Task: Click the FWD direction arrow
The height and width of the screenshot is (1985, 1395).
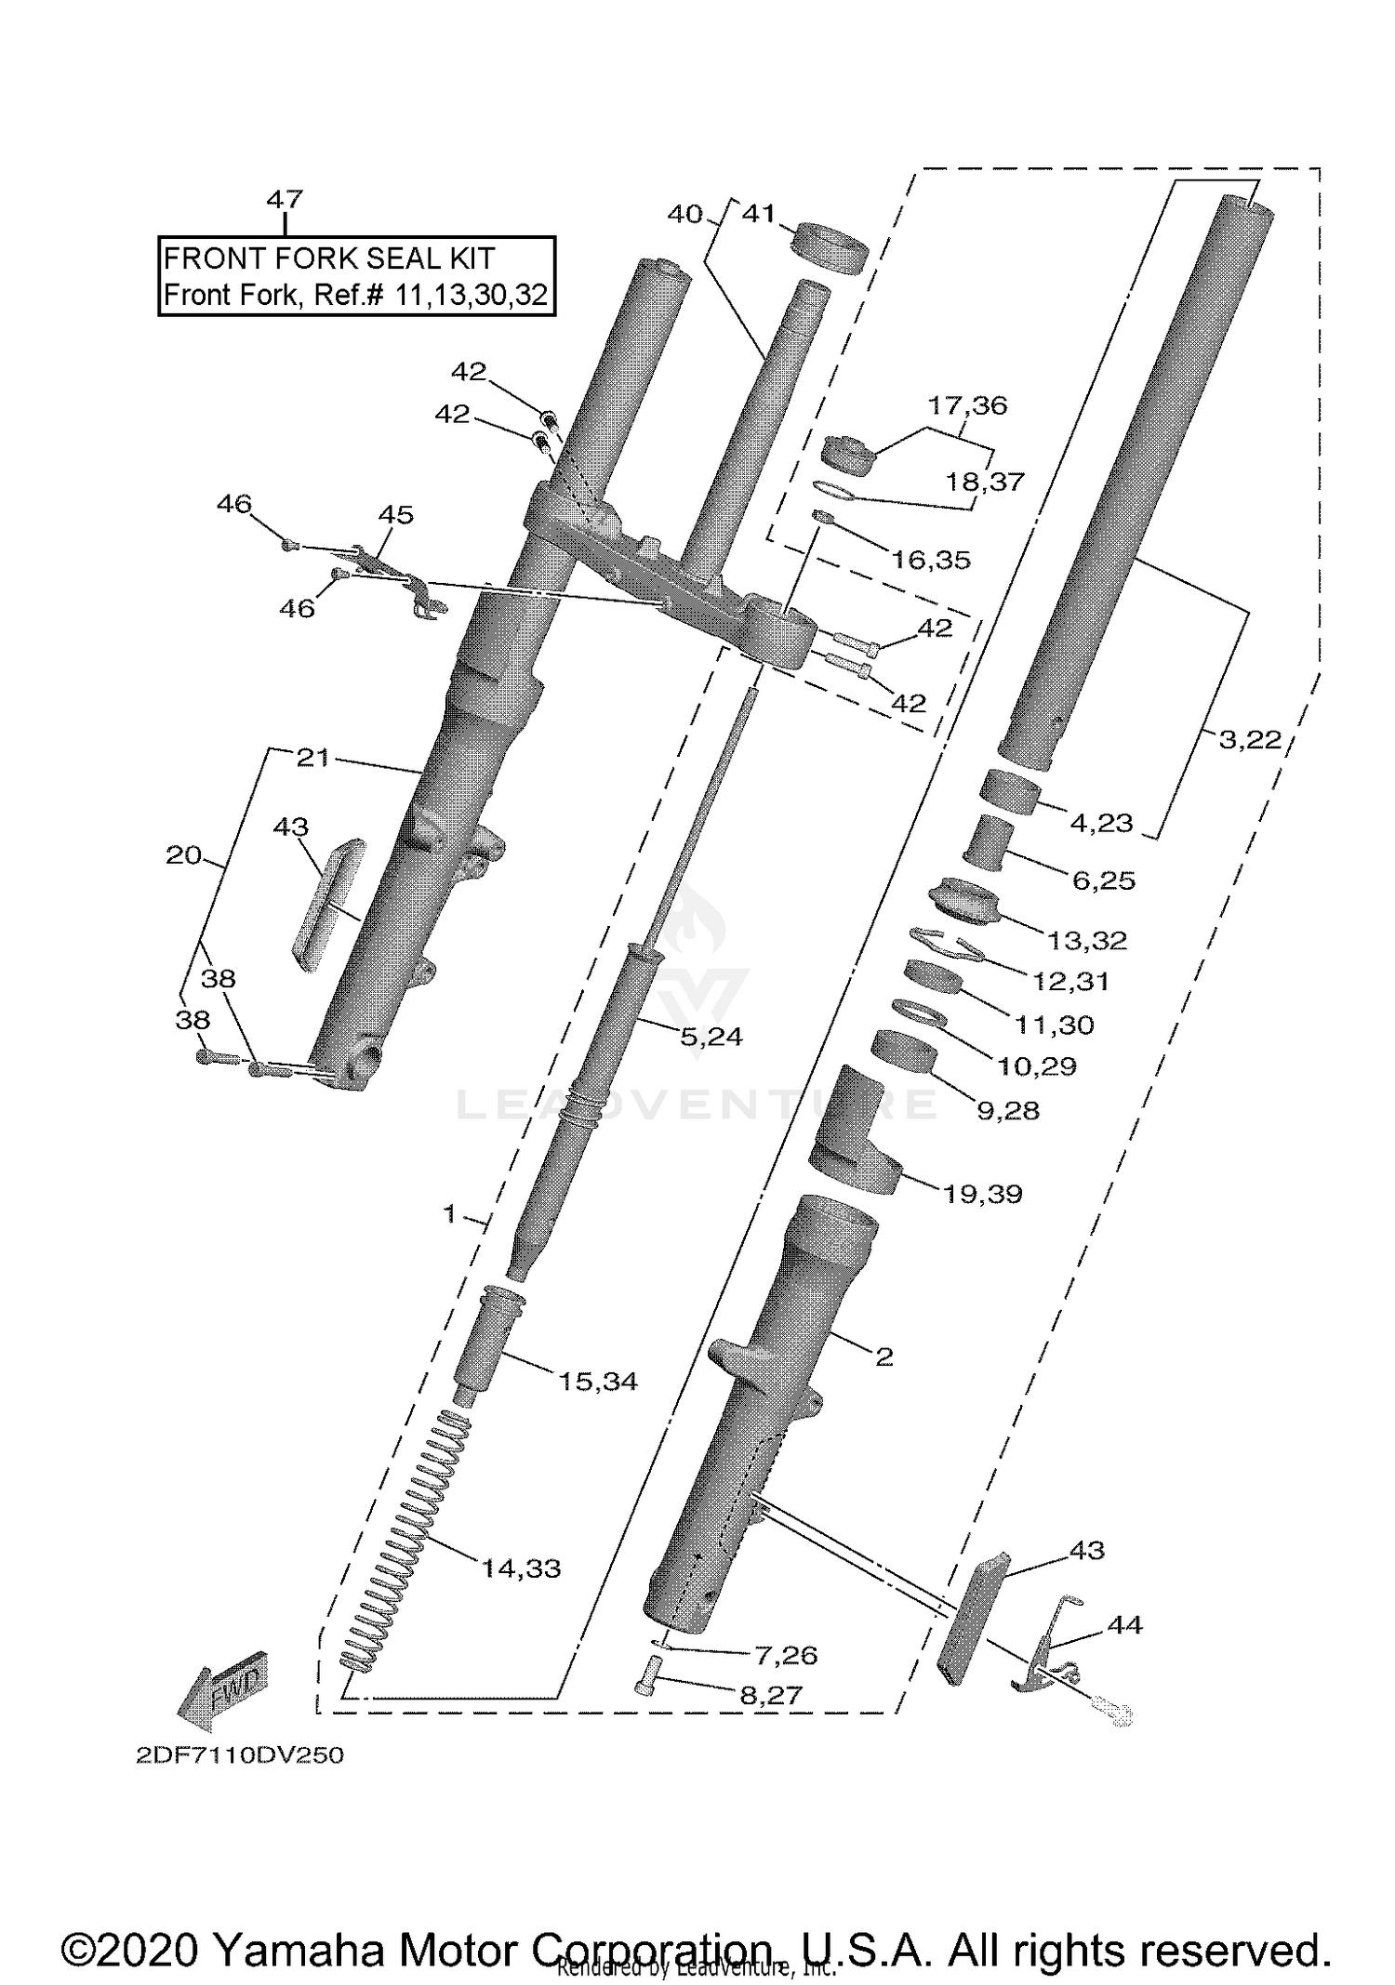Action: pos(223,1684)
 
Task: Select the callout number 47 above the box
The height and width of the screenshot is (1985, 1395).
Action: pos(285,199)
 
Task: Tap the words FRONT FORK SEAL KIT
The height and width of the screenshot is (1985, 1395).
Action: pos(328,258)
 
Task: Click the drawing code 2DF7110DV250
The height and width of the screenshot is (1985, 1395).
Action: pos(240,1755)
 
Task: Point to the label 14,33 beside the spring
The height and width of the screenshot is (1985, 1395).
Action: pos(521,1568)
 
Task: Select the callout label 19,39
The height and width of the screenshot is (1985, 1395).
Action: pos(983,1194)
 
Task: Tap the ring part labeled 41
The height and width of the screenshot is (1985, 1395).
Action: pos(830,247)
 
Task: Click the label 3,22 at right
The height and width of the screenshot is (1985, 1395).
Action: pos(1249,740)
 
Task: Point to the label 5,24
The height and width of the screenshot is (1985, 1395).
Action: pos(711,1037)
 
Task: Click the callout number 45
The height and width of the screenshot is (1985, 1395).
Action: pos(396,515)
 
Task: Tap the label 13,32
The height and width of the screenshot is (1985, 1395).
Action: pos(1086,940)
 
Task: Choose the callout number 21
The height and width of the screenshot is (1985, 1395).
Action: pos(313,758)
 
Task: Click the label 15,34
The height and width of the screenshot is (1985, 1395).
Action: pos(598,1382)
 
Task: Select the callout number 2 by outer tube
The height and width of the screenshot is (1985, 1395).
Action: pos(883,1356)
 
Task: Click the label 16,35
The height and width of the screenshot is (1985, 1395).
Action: pos(930,560)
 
